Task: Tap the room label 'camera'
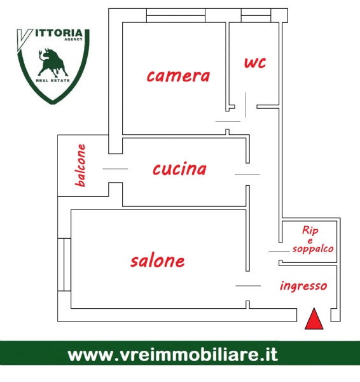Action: point(178,76)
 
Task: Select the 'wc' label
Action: point(255,62)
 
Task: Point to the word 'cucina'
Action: point(179,169)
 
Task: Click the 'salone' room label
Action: point(158,261)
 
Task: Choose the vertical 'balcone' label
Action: point(81,166)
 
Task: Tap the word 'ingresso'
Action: point(303,286)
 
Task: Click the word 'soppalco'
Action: point(313,250)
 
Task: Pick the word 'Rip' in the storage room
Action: point(310,230)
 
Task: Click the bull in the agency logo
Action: point(52,62)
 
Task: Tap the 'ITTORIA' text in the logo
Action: point(59,33)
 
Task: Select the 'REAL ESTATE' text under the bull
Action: point(53,80)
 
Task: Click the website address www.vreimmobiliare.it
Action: point(173,355)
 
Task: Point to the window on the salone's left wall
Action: point(64,265)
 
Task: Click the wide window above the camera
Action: point(176,15)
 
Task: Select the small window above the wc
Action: point(256,15)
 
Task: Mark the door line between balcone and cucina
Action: point(115,169)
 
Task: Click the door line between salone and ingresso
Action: point(248,286)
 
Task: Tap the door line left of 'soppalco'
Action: point(279,251)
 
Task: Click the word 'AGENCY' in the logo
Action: point(73,39)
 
